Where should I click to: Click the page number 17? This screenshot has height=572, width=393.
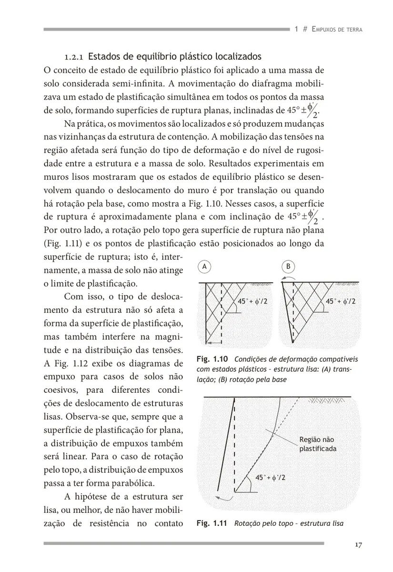pos(359,546)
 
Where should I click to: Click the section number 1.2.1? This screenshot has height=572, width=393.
pos(74,57)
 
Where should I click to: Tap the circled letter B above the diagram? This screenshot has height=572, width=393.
pos(288,267)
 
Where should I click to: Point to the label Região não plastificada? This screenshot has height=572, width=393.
pos(317,444)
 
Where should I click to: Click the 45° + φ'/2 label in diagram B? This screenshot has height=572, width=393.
pos(341,301)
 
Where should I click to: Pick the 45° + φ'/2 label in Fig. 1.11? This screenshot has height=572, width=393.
pos(270,477)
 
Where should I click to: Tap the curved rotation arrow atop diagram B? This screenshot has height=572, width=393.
pos(289,277)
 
